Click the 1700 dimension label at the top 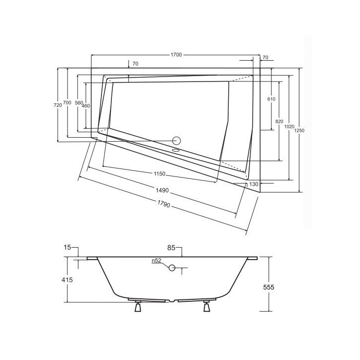pyautogui.click(x=176, y=55)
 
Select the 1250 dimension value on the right pyautogui.click(x=299, y=130)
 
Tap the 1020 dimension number pyautogui.click(x=289, y=126)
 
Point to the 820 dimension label pyautogui.click(x=279, y=121)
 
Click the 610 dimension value pyautogui.click(x=271, y=99)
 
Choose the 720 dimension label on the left pyautogui.click(x=58, y=105)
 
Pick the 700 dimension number pyautogui.click(x=67, y=102)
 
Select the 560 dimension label pyautogui.click(x=79, y=103)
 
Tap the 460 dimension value pyautogui.click(x=86, y=105)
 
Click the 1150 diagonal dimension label pyautogui.click(x=159, y=174)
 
